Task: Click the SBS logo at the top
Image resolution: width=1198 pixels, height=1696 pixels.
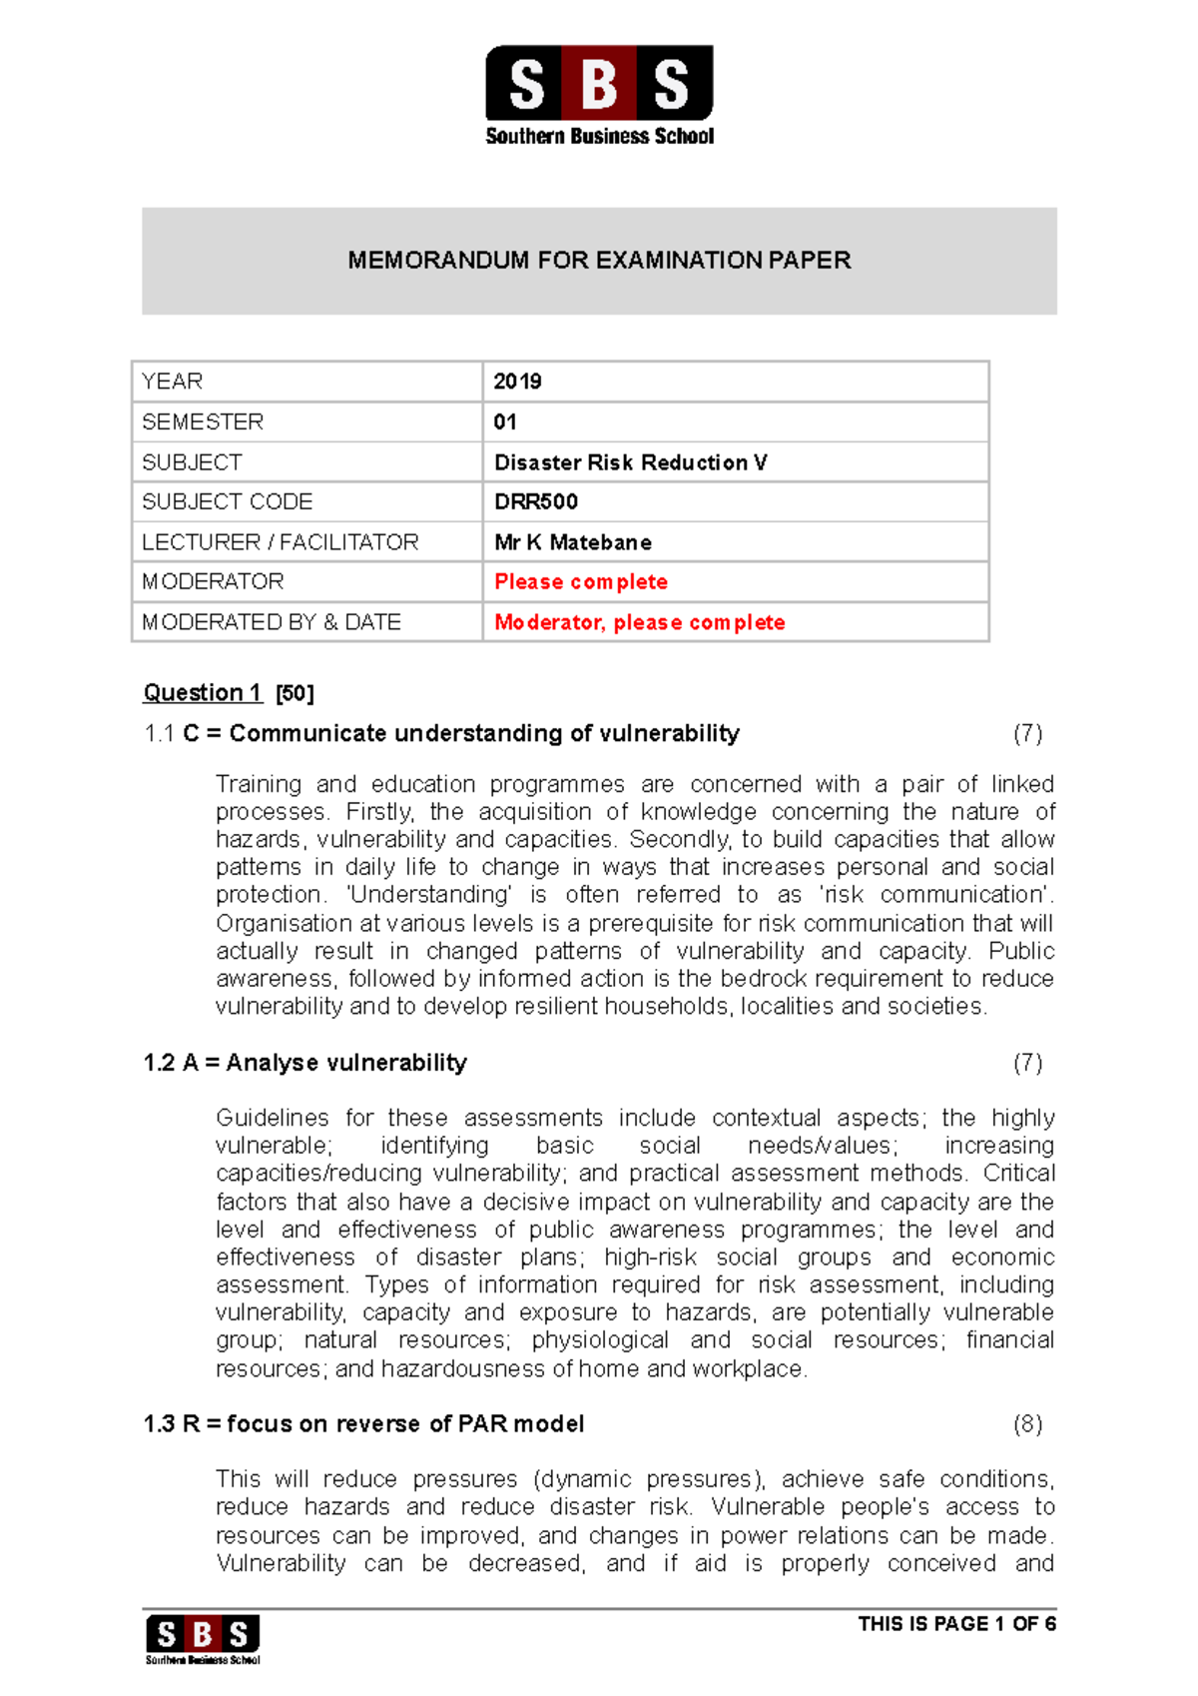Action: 599,95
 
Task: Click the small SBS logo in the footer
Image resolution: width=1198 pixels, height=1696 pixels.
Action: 203,1638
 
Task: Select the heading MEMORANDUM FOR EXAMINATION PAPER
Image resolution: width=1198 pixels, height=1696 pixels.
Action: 599,261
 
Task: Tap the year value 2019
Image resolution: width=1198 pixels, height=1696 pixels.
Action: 517,382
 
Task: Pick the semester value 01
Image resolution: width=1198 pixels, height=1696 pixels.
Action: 505,423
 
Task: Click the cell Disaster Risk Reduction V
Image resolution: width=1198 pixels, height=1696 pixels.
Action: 630,462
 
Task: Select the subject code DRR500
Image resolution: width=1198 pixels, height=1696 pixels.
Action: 536,501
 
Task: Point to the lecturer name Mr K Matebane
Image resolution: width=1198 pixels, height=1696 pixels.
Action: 573,542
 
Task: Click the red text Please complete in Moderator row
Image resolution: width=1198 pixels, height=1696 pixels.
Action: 581,581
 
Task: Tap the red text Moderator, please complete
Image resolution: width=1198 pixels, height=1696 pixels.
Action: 640,622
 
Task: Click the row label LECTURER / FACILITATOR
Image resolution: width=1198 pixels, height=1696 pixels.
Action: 281,542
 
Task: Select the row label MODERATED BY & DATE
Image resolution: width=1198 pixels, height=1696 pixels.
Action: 272,622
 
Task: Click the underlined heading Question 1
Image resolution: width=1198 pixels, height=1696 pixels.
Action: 203,692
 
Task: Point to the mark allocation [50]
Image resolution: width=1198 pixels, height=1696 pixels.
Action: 295,693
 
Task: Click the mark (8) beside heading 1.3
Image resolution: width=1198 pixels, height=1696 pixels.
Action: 1027,1423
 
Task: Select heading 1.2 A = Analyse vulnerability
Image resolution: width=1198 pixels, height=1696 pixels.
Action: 305,1063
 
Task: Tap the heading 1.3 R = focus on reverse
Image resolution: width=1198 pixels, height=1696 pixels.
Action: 364,1423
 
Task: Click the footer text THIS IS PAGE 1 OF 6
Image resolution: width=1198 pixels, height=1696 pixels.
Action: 956,1623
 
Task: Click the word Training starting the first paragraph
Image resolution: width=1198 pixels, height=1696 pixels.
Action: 258,785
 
